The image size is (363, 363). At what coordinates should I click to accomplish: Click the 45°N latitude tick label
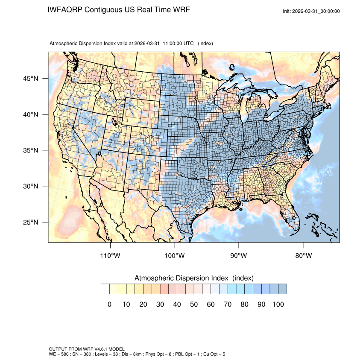pos(31,79)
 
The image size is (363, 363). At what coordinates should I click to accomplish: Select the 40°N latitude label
pos(31,114)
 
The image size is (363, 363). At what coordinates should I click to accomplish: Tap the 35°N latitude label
pos(31,150)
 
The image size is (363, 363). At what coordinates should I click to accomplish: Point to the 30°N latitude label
pos(31,186)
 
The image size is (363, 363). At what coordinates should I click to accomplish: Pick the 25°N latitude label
pos(31,222)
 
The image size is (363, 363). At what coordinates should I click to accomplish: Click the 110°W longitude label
pos(111,256)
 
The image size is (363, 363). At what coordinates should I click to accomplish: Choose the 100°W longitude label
pos(175,256)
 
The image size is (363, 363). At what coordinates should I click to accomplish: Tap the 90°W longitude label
pos(239,256)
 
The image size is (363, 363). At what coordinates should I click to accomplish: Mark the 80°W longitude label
pos(303,256)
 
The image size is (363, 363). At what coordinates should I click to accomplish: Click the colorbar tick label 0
pos(109,304)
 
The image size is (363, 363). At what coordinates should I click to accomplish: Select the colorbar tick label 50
pos(194,304)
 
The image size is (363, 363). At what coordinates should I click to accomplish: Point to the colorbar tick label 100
pos(278,304)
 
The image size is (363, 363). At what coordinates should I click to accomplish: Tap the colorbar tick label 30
pos(160,304)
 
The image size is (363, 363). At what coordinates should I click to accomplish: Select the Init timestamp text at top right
pos(311,11)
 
